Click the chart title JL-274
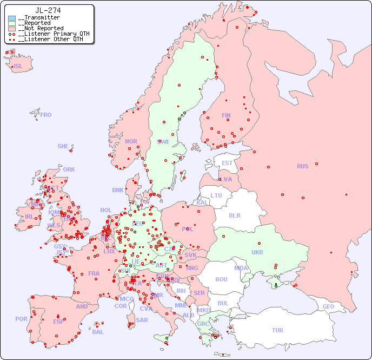coord(48,10)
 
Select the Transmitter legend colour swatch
coord(12,18)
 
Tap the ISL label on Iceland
coord(18,67)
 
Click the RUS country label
coord(302,166)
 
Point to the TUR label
coord(277,330)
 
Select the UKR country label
coord(257,252)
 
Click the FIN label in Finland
coord(226,115)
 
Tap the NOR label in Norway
coord(131,141)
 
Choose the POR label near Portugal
coord(21,319)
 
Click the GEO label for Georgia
coord(328,306)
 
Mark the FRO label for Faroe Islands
coord(46,115)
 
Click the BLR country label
coord(234,215)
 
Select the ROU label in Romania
coord(221,279)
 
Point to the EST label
coord(227,163)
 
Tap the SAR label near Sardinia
coord(142,320)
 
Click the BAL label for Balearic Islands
coord(98,332)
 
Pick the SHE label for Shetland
coord(63,146)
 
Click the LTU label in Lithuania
coord(216,195)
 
